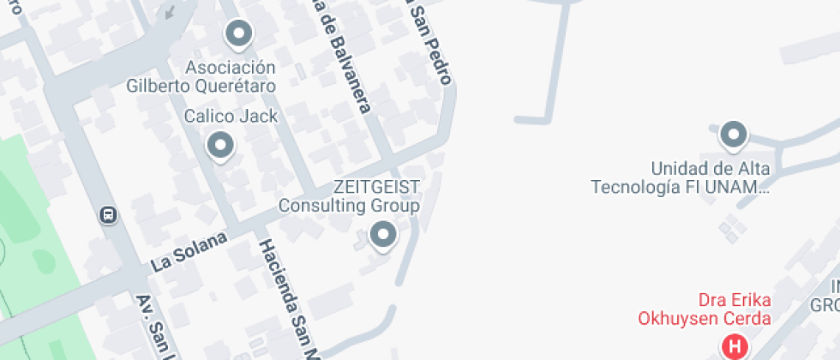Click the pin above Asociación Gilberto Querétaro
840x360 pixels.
(238, 35)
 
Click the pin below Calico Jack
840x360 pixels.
(221, 146)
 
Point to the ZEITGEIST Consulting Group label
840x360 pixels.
(349, 196)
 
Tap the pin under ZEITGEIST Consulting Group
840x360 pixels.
(382, 234)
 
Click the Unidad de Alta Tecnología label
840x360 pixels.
(681, 177)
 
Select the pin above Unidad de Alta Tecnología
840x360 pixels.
(733, 135)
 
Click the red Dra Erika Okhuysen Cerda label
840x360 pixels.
(704, 309)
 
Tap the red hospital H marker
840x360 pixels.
(735, 346)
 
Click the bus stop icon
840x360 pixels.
(109, 214)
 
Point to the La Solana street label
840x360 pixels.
(189, 251)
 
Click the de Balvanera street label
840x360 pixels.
(345, 60)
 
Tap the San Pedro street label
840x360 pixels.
(428, 43)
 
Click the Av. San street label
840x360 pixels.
(155, 327)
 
